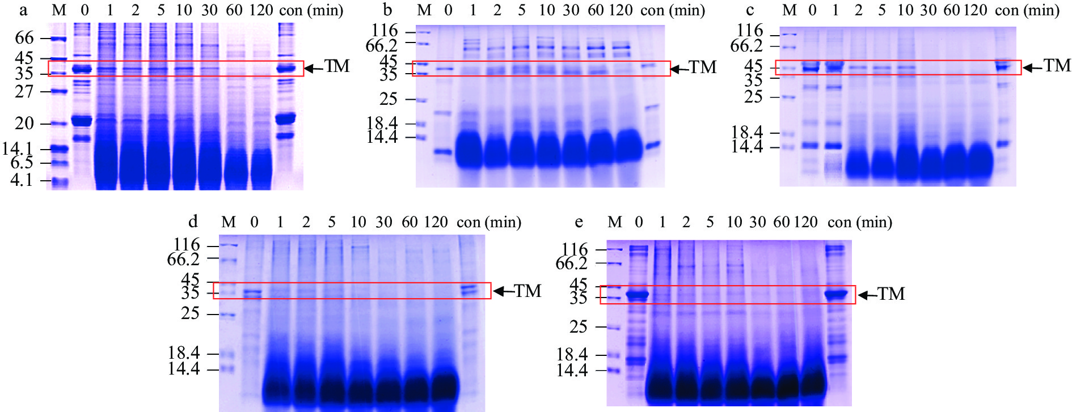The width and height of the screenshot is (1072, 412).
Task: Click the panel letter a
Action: (x=23, y=10)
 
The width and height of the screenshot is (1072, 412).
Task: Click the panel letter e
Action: (x=579, y=223)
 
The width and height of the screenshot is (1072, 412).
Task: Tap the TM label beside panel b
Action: (x=703, y=67)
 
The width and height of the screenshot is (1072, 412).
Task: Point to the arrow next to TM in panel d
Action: (x=503, y=291)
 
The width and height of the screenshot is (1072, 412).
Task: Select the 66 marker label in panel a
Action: (x=24, y=38)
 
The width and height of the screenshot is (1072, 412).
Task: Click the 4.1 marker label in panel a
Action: (x=22, y=181)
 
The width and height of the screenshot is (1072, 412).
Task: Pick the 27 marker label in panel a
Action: (x=24, y=91)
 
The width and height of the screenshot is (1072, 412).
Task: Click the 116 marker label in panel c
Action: (x=749, y=31)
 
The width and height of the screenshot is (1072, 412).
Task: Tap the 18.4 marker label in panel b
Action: (x=382, y=123)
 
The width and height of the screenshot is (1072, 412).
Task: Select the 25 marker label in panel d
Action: (x=191, y=313)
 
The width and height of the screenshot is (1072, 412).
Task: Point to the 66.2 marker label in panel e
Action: (x=572, y=264)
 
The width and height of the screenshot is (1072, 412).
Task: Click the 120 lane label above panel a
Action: (x=260, y=10)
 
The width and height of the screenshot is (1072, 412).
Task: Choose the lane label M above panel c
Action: (x=790, y=10)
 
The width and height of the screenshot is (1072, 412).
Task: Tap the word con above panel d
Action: (x=469, y=222)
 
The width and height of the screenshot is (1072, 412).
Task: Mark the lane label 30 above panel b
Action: (x=571, y=10)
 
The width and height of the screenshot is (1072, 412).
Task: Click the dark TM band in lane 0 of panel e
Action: (x=638, y=295)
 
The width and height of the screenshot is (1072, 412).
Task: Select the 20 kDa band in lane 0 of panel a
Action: (x=84, y=121)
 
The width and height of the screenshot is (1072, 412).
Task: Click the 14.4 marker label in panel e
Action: (x=572, y=371)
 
